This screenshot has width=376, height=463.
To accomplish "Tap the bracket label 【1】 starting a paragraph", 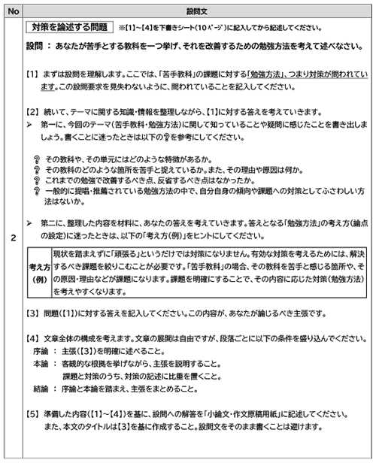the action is [34, 75].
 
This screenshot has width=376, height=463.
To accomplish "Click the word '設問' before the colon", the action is [36, 46].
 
